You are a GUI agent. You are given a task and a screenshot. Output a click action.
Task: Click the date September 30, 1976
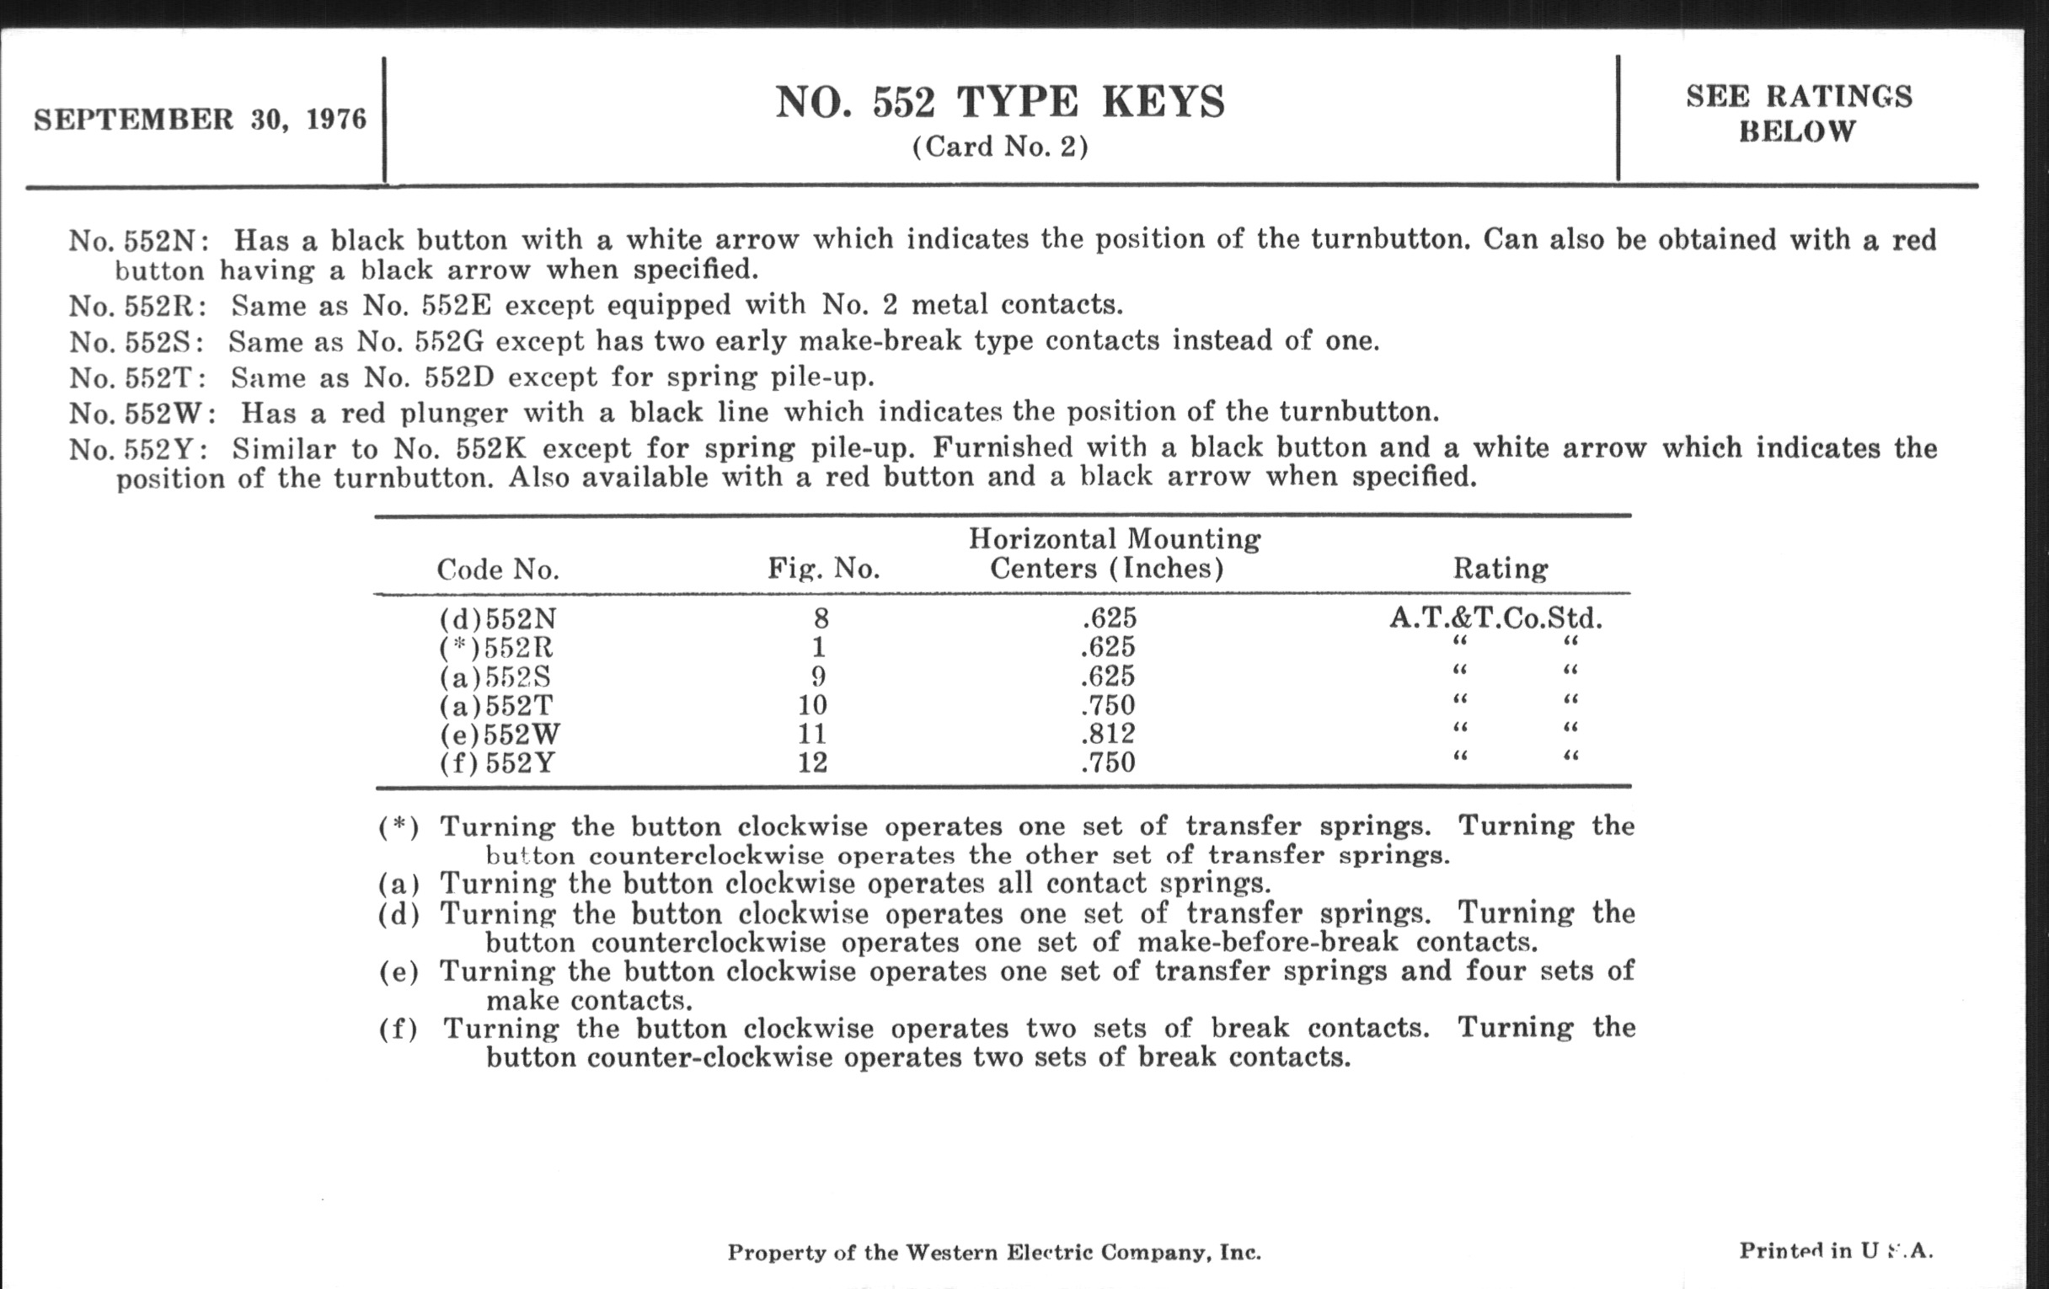pos(200,119)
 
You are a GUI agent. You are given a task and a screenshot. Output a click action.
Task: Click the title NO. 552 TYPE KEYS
pos(1000,102)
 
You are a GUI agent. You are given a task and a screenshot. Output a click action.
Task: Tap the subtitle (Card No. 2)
pos(1000,147)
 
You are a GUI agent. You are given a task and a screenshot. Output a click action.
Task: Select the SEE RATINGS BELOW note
pos(1799,114)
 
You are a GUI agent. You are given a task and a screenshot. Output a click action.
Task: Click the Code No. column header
pos(498,570)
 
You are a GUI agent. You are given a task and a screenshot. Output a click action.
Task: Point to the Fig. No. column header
pos(823,568)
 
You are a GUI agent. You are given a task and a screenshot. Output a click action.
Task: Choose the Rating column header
pos(1501,568)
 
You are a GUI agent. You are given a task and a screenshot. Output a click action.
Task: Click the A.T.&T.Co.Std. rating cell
pos(1496,618)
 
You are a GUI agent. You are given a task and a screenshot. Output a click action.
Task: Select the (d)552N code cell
pos(498,618)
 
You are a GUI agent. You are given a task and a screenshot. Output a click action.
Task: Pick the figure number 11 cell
pos(813,734)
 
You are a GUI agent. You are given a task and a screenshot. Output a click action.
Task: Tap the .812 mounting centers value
pos(1108,734)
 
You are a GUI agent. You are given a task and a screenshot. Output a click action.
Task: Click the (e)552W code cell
pos(500,734)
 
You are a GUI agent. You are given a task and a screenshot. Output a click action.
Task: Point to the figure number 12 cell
pos(813,762)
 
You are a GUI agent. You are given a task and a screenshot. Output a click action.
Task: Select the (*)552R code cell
pos(496,648)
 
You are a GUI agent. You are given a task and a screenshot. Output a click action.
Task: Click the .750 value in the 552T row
pos(1108,705)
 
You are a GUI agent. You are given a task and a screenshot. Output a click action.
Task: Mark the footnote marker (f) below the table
pos(399,1030)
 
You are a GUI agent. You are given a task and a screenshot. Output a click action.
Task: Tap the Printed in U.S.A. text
pos(1835,1251)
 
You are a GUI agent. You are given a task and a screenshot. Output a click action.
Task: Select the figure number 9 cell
pos(818,677)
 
